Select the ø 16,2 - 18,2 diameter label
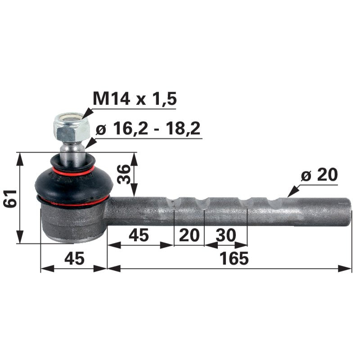(148, 130)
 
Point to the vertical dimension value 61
(9, 198)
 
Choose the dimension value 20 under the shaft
(189, 235)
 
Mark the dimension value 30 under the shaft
(226, 235)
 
